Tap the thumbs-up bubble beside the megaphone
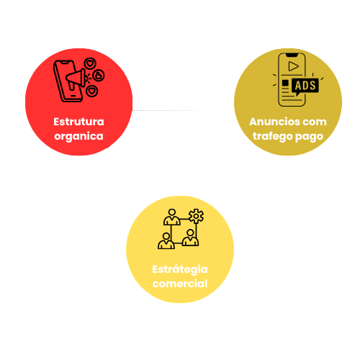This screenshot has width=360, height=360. tap(99, 76)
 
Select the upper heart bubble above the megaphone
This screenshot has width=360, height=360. tap(90, 63)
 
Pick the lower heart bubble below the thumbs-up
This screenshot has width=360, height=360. tap(92, 91)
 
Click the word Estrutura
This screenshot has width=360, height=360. tap(78, 122)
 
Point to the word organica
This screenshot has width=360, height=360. tap(78, 137)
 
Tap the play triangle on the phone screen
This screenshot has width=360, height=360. tap(293, 66)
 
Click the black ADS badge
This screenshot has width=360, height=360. tap(305, 86)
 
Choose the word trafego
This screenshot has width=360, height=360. tap(273, 137)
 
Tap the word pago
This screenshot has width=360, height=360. tap(309, 137)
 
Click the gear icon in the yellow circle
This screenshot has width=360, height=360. tap(196, 216)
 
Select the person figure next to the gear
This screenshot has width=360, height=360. tap(172, 217)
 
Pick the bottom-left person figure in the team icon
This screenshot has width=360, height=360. tap(166, 240)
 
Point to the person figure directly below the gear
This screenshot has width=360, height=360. tap(190, 238)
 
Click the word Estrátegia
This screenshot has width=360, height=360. tap(180, 269)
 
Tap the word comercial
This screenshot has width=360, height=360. tap(180, 284)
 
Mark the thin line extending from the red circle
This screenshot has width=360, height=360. tap(171, 110)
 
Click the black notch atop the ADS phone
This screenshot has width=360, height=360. tap(292, 55)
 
